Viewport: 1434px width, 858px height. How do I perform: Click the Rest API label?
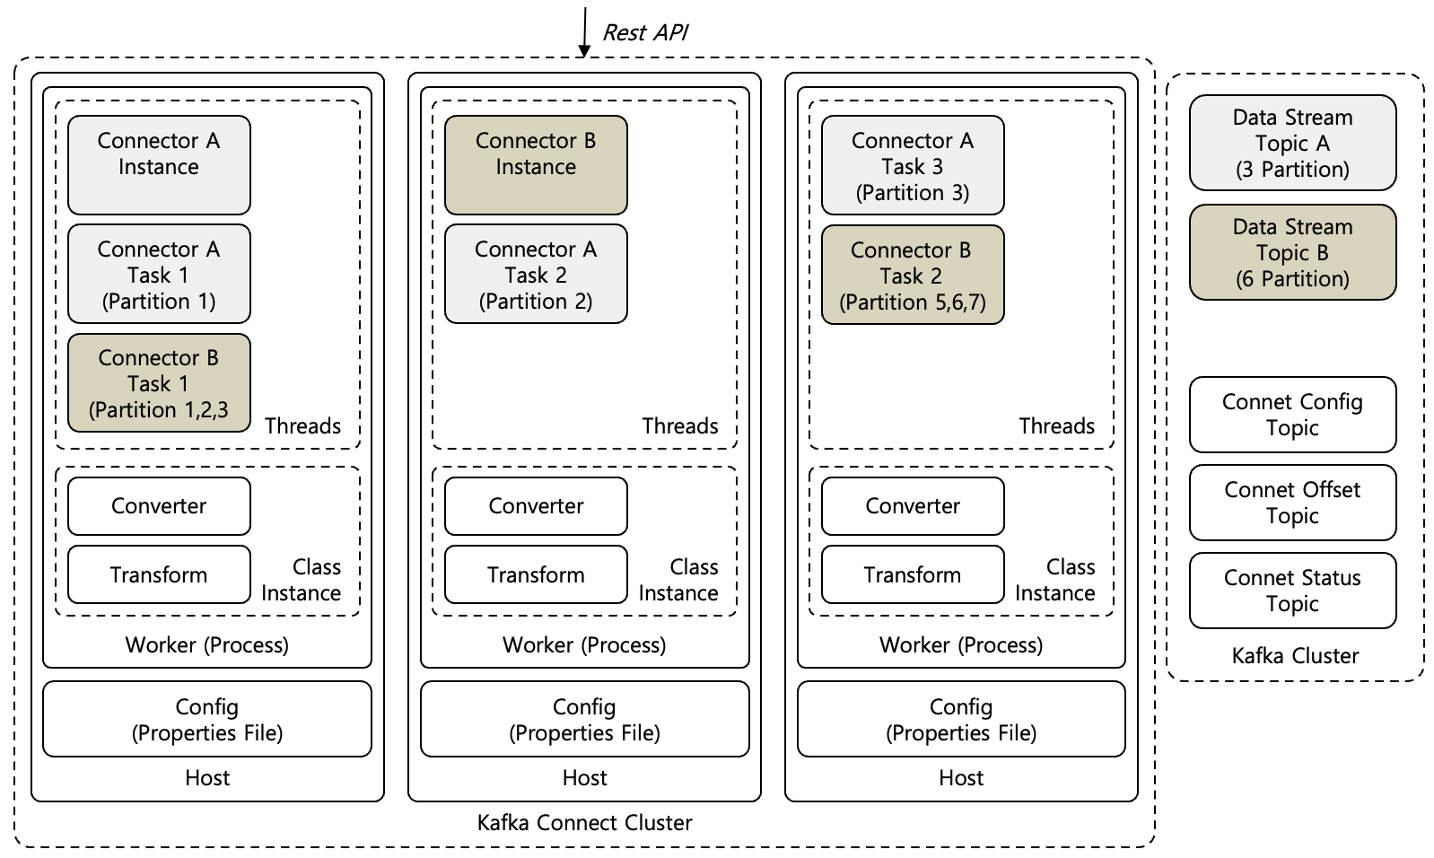click(644, 32)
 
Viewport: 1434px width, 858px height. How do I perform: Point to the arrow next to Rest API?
click(584, 31)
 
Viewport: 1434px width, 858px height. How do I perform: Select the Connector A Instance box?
click(159, 164)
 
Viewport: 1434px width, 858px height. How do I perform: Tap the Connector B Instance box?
click(536, 164)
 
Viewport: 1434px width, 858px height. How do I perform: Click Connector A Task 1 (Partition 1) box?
click(159, 274)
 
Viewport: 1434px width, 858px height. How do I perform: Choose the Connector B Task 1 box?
click(159, 383)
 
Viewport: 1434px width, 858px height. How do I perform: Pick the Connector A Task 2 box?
click(536, 274)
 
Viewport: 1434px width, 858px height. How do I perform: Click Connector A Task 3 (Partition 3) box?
click(913, 165)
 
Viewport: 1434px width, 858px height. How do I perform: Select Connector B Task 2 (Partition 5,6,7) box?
click(913, 275)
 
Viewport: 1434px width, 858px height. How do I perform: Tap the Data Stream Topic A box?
click(1292, 143)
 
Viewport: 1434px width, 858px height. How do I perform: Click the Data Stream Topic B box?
click(1292, 252)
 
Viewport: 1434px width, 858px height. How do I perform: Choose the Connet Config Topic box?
click(1292, 415)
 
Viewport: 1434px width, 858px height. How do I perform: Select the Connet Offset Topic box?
click(1292, 503)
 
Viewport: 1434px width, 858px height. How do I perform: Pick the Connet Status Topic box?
click(1292, 591)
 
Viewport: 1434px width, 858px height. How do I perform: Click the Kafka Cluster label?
click(1295, 656)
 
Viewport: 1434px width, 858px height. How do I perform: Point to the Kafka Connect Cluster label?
click(584, 823)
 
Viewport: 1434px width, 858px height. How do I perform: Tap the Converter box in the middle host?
click(536, 506)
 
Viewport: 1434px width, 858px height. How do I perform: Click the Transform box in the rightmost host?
click(913, 574)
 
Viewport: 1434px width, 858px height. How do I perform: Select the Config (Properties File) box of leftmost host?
click(207, 719)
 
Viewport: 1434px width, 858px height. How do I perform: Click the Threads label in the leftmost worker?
click(302, 425)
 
